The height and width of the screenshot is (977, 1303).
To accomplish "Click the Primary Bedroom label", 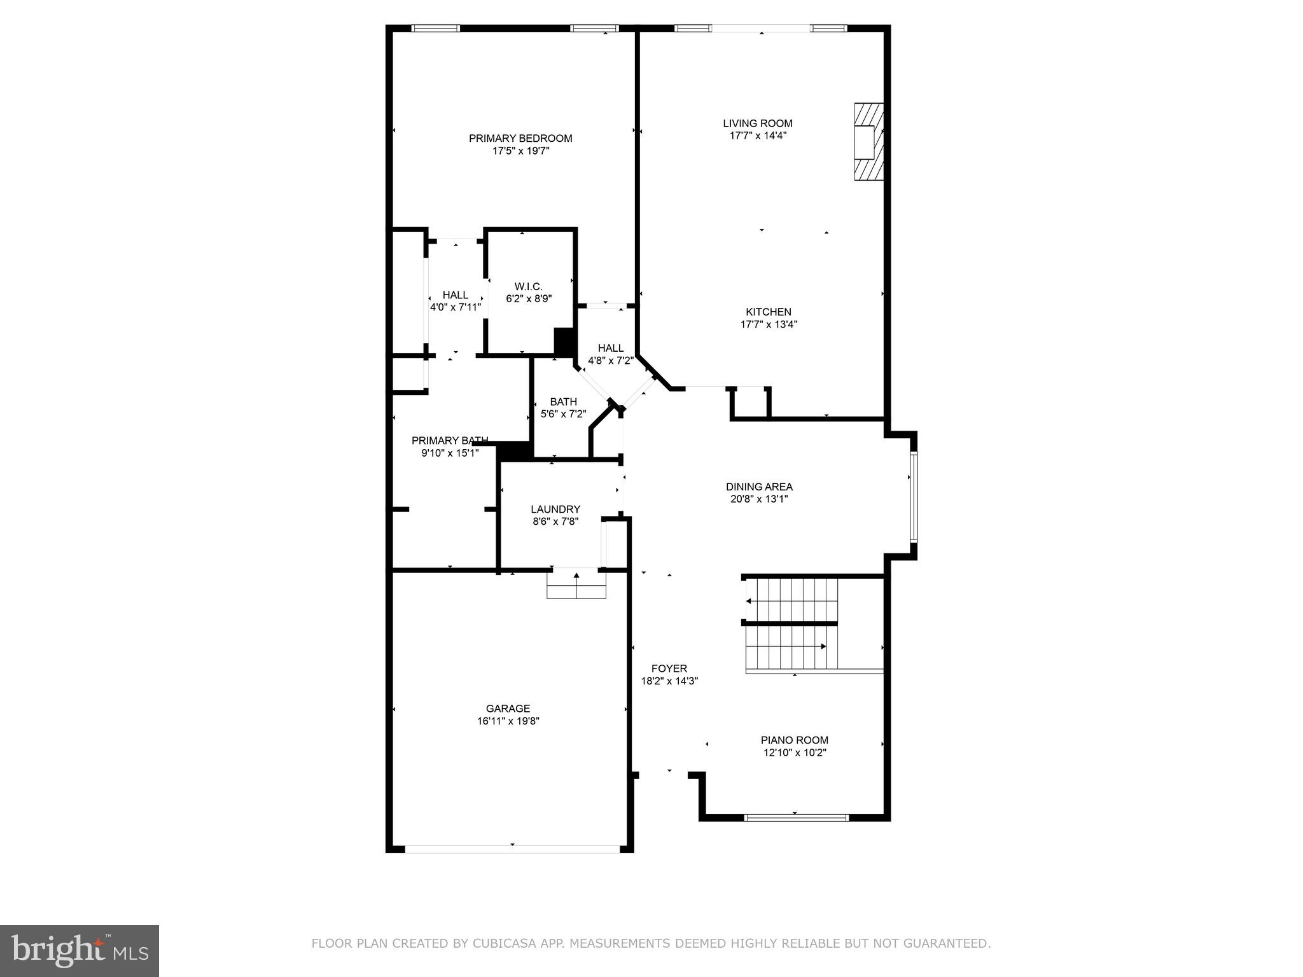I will (520, 138).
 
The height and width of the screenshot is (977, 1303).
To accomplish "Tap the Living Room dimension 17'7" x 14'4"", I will (758, 135).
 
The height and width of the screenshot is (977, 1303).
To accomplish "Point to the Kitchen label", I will (769, 312).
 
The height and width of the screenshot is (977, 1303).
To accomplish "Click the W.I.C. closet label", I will (528, 286).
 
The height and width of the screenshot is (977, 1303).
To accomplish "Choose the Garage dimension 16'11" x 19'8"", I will (508, 721).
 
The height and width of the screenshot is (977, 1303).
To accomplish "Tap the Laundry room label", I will (555, 509).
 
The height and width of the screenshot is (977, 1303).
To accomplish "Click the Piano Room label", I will (795, 740).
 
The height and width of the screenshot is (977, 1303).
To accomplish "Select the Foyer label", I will (669, 669).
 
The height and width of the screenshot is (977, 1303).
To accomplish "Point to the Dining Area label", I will (759, 487).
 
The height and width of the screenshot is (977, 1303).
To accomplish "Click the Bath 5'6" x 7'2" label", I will (563, 402).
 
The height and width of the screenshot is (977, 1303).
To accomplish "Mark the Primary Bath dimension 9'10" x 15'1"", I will (450, 453).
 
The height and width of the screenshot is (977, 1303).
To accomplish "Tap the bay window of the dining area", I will (914, 496).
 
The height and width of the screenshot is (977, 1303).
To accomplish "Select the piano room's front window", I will (796, 817).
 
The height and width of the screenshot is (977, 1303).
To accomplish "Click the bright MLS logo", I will (79, 950).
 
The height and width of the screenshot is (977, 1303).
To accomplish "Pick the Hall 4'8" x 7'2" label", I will (611, 348).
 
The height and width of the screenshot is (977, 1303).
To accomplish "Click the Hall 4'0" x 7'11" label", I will (456, 295).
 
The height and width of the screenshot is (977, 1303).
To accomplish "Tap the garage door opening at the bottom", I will (512, 849).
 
